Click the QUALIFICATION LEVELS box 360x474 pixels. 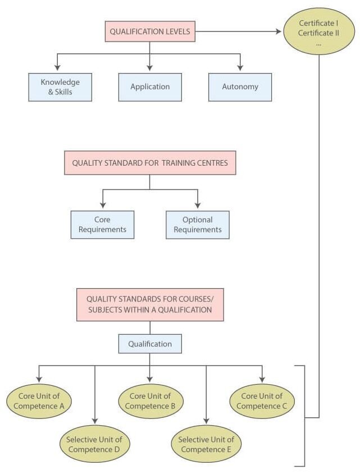click(x=150, y=31)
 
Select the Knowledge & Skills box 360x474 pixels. click(x=60, y=87)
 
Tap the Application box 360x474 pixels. click(x=150, y=87)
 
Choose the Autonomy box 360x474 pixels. click(x=240, y=87)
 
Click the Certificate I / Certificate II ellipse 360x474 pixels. click(x=319, y=31)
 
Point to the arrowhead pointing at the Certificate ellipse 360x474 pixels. click(x=279, y=31)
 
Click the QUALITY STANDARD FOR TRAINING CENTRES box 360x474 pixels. click(x=150, y=163)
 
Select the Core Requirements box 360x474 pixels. click(x=102, y=225)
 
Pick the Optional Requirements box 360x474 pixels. click(x=198, y=225)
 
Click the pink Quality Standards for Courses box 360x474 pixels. click(x=150, y=305)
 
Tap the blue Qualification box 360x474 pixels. click(x=150, y=344)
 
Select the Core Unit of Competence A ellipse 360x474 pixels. click(x=39, y=401)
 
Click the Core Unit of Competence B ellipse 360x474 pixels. click(x=150, y=401)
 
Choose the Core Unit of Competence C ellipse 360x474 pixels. click(x=262, y=401)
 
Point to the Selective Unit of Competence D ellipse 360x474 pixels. click(x=94, y=444)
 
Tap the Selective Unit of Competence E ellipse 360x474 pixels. click(x=206, y=444)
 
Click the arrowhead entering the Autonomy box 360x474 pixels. click(x=240, y=68)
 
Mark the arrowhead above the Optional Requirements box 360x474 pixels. click(x=198, y=205)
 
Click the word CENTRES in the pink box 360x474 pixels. click(x=212, y=163)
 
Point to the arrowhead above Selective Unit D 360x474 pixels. click(x=94, y=421)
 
